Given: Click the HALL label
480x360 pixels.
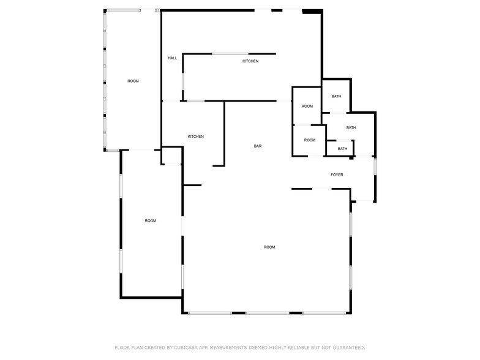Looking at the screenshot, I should pos(173,58).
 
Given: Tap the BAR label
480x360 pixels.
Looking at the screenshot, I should pos(258,146).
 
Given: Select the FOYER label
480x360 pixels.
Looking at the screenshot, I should pos(337,175).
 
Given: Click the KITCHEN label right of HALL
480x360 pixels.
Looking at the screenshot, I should pos(250,61).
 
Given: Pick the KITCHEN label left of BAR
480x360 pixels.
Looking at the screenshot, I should pos(195,136).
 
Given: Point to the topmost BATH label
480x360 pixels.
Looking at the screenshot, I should pos(336,96).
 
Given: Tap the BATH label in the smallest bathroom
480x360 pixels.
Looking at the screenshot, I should pos(342,149).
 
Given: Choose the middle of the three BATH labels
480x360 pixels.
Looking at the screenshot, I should pos(351,127).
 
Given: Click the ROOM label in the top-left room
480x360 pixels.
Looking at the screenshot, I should pos(133,81).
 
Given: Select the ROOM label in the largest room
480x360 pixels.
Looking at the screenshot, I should pos(269,247).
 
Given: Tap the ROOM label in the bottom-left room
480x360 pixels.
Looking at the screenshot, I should pos(150,220).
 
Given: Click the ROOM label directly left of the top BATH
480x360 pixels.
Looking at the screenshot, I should pos(307,107).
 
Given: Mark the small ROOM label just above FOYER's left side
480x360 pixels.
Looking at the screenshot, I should pos(310,140).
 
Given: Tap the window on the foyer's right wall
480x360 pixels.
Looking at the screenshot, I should pos(375,167).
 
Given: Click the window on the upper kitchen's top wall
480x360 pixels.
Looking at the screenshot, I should pos(230,54).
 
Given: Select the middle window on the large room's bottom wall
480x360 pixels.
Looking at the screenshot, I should pos(267,313).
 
